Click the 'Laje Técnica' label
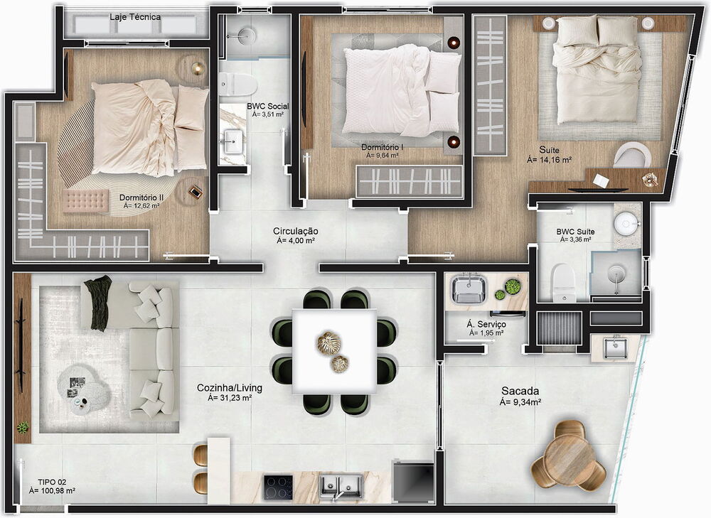point(135,16)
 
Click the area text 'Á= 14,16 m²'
point(549,161)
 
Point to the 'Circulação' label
point(295,232)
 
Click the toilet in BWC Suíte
point(563,281)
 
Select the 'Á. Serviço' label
point(486,324)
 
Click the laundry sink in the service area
point(469,288)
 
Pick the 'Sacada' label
point(520,391)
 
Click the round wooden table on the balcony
point(569,455)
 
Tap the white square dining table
point(334,352)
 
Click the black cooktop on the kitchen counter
point(278,487)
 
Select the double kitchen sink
point(341,486)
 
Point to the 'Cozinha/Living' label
point(229,388)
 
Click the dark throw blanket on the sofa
point(97,302)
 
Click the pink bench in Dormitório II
point(85,200)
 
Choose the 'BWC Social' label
point(267,106)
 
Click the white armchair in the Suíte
point(631,156)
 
